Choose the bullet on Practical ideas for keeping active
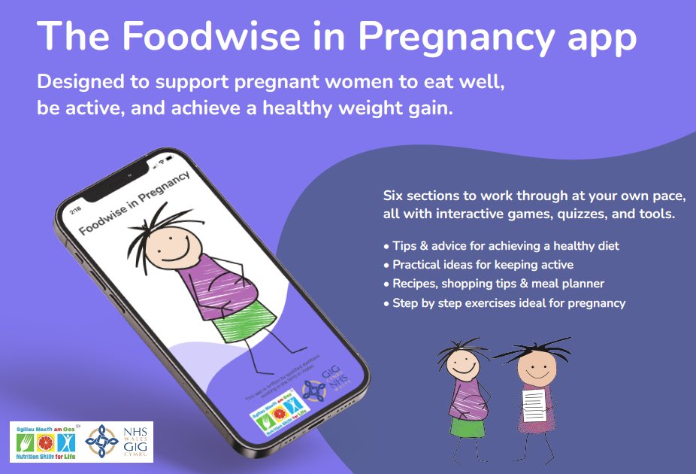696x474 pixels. pos(483,265)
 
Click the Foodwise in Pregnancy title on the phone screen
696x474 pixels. pos(135,203)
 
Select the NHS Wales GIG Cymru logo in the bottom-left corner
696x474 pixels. pos(120,442)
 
